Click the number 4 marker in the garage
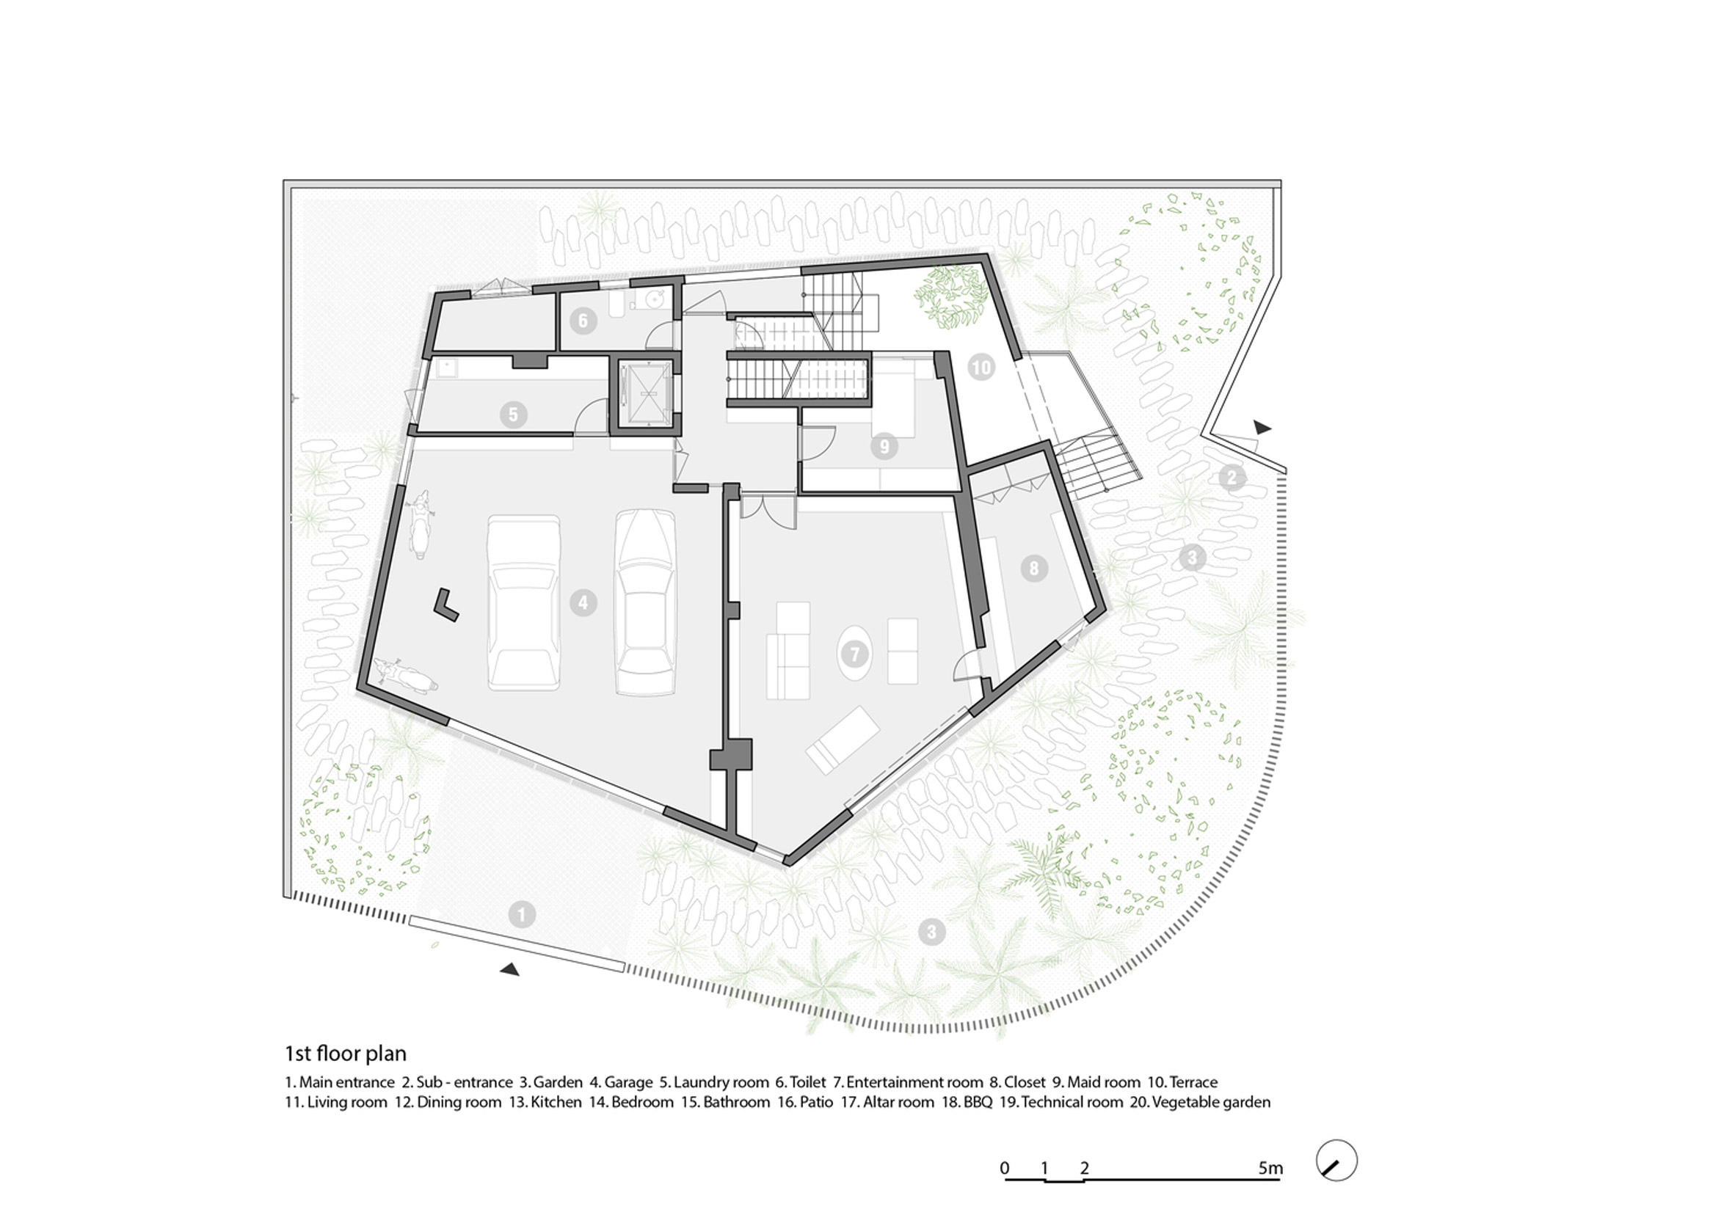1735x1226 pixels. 583,603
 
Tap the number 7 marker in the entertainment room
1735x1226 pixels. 854,654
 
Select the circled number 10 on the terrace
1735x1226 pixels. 981,368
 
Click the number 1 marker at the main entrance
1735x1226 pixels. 521,915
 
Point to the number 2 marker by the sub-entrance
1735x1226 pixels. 1231,478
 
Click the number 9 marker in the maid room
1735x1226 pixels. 884,446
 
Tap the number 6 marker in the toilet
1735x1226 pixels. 583,321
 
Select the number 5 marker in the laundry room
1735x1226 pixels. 513,414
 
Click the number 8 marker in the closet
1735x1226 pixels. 1034,568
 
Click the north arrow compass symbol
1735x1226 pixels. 1336,1160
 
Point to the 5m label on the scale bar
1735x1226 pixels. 1270,1168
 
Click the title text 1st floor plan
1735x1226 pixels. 346,1053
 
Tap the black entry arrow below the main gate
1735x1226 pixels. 510,969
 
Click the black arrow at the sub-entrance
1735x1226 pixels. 1262,428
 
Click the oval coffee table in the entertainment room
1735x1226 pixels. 854,654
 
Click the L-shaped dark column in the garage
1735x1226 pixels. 445,605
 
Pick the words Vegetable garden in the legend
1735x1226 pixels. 1210,1102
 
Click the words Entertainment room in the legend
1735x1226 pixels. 914,1082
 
